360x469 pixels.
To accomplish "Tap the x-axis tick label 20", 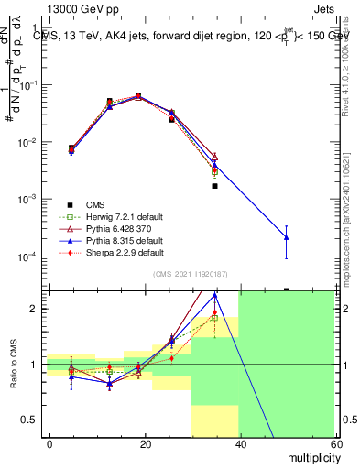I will pyautogui.click(x=145, y=443).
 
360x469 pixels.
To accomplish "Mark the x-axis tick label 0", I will pyautogui.click(x=49, y=443).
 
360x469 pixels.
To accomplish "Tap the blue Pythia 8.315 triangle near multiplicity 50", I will pyautogui.click(x=287, y=237).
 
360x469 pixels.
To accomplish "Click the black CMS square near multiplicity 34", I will pyautogui.click(x=214, y=186).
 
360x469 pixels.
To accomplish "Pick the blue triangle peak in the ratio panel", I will pyautogui.click(x=214, y=296).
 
